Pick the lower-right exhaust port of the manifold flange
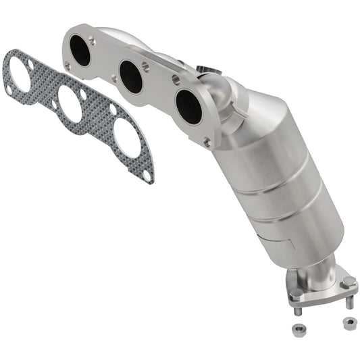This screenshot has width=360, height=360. [188, 107]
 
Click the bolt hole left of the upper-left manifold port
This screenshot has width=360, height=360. [67, 66]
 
